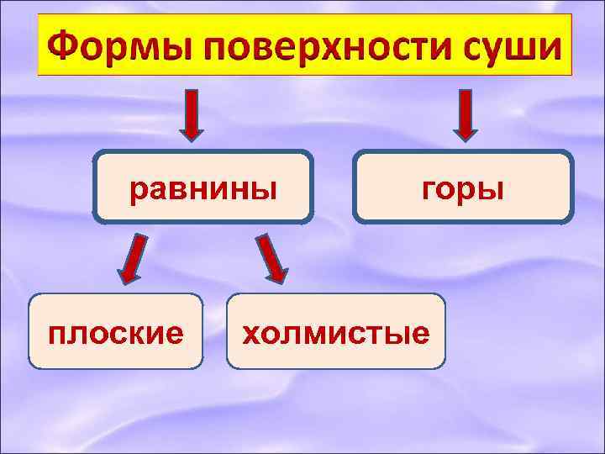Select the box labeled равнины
click(x=203, y=187)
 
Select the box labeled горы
click(x=463, y=187)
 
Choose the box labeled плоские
click(x=116, y=331)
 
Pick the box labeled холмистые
click(x=336, y=331)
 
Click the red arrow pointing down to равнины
click(x=192, y=114)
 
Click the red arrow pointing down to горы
click(x=465, y=114)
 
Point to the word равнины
click(x=203, y=187)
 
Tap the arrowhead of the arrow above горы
click(x=465, y=130)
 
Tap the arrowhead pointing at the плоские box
click(x=126, y=274)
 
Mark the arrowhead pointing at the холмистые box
click(x=276, y=274)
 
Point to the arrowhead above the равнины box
click(x=192, y=130)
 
